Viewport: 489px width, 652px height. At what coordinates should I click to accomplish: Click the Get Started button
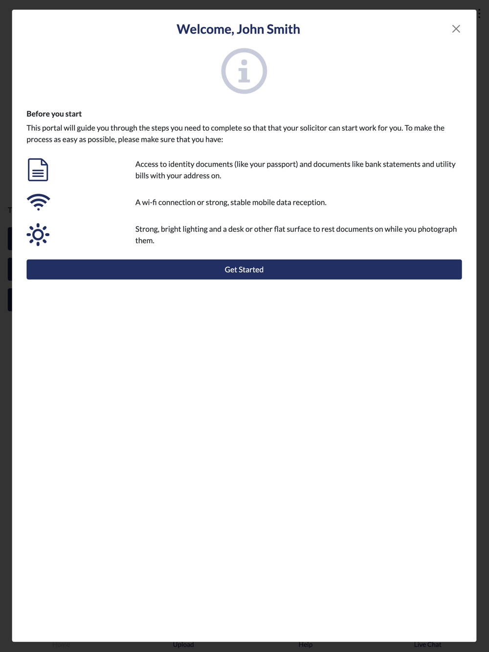pyautogui.click(x=244, y=269)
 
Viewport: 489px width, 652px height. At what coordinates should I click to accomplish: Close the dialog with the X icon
pyautogui.click(x=456, y=29)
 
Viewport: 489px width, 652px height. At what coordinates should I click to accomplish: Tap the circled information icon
pyautogui.click(x=244, y=71)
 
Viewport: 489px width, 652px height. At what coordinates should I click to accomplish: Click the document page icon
pyautogui.click(x=38, y=170)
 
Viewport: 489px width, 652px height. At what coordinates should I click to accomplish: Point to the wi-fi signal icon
pyautogui.click(x=38, y=202)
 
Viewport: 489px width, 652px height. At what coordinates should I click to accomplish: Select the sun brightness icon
pyautogui.click(x=38, y=235)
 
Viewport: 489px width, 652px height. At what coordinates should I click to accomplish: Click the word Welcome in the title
pyautogui.click(x=205, y=29)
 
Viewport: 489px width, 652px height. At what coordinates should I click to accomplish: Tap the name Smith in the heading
pyautogui.click(x=283, y=29)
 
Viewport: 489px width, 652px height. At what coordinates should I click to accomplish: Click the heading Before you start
pyautogui.click(x=54, y=114)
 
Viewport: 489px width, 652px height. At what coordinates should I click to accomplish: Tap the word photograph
pyautogui.click(x=437, y=229)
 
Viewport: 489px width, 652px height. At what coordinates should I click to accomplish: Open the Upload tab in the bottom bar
pyautogui.click(x=183, y=645)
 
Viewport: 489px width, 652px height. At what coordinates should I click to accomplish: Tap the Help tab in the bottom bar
pyautogui.click(x=306, y=645)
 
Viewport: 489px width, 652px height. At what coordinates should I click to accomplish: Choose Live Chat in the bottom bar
pyautogui.click(x=427, y=645)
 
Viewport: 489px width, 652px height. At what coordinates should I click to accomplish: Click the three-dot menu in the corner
pyautogui.click(x=479, y=13)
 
